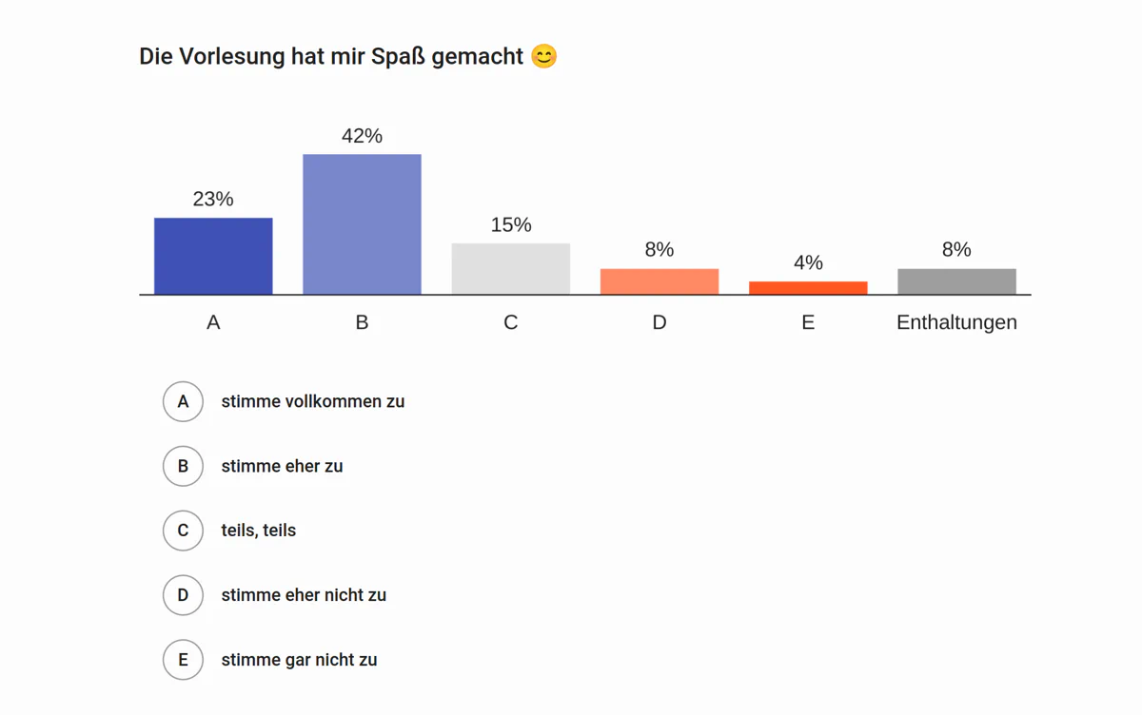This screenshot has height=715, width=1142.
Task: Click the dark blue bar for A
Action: pyautogui.click(x=213, y=256)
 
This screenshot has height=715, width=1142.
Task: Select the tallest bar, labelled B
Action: pyautogui.click(x=362, y=224)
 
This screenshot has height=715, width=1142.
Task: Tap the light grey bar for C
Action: pyautogui.click(x=511, y=269)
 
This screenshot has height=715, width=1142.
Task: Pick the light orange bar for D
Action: pyautogui.click(x=660, y=281)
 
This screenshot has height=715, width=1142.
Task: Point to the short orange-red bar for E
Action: pyautogui.click(x=808, y=288)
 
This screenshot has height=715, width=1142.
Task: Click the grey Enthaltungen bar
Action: pyautogui.click(x=956, y=281)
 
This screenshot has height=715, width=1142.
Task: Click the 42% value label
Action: pyautogui.click(x=362, y=136)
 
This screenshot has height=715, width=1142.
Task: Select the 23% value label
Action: pyautogui.click(x=213, y=199)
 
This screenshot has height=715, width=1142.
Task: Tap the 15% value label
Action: pyautogui.click(x=511, y=224)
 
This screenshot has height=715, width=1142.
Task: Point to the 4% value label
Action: pyautogui.click(x=808, y=262)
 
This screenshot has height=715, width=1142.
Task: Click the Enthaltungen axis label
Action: pyautogui.click(x=956, y=322)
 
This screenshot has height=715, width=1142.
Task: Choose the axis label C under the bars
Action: pyautogui.click(x=511, y=322)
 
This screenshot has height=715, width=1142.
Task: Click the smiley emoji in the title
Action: pyautogui.click(x=543, y=57)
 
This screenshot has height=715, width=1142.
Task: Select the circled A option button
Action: pyautogui.click(x=183, y=401)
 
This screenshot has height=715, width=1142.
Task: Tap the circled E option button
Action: pyautogui.click(x=183, y=660)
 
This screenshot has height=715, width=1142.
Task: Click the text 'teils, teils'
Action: pyautogui.click(x=259, y=531)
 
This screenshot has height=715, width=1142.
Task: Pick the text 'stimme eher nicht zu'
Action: pyautogui.click(x=304, y=595)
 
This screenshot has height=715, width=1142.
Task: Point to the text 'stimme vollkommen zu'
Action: pyautogui.click(x=313, y=401)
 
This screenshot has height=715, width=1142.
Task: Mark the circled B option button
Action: pyautogui.click(x=183, y=466)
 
